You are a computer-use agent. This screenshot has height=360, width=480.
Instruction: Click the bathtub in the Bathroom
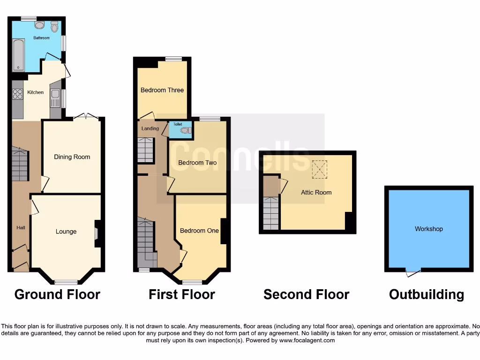pyautogui.click(x=18, y=55)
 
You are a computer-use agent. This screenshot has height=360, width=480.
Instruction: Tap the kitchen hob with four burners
pyautogui.click(x=17, y=94)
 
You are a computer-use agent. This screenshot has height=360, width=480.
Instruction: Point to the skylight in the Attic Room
pyautogui.click(x=321, y=169)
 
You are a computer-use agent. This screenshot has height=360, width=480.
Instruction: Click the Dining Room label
pyautogui.click(x=72, y=157)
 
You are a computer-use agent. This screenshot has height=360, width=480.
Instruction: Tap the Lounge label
pyautogui.click(x=66, y=232)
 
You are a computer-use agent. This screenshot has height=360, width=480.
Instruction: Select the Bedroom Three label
pyautogui.click(x=162, y=90)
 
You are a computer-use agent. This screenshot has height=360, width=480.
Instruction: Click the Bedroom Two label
pyautogui.click(x=197, y=163)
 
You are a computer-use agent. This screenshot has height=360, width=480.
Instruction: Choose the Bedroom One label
pyautogui.click(x=199, y=231)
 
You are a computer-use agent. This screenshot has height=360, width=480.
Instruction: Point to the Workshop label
pyautogui.click(x=428, y=229)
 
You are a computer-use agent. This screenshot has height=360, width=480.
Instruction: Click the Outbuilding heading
pyautogui.click(x=427, y=295)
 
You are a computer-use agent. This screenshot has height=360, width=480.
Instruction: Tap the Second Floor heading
pyautogui.click(x=306, y=295)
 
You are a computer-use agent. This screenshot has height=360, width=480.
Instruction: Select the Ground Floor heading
pyautogui.click(x=57, y=295)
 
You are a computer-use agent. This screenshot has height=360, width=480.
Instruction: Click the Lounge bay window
pyautogui.click(x=66, y=282)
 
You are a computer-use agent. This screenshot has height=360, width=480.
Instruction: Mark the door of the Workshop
pyautogui.click(x=413, y=270)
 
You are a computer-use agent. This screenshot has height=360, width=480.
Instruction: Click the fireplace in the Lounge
pyautogui.click(x=97, y=233)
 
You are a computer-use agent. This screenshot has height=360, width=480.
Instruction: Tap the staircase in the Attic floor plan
pyautogui.click(x=270, y=213)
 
